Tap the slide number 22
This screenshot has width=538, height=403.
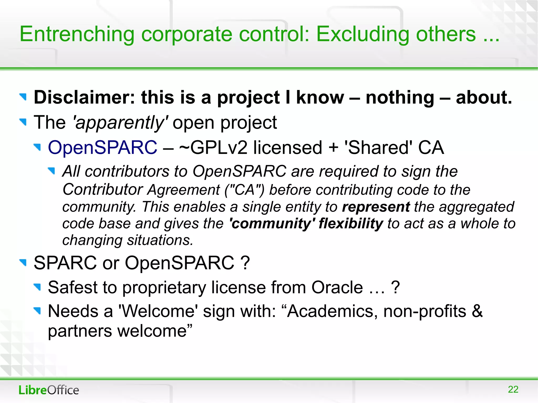[513, 389]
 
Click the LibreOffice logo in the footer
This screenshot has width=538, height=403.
[49, 390]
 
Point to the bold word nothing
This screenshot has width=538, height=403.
[400, 97]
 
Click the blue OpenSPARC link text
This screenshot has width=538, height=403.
[102, 148]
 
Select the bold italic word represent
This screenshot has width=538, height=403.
[376, 207]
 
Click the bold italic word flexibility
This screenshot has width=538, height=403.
[351, 224]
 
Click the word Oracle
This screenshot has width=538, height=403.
[337, 287]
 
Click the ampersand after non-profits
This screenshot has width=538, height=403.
[477, 311]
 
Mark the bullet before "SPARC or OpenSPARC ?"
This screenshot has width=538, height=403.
[23, 262]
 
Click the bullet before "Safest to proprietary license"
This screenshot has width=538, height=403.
[38, 287]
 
